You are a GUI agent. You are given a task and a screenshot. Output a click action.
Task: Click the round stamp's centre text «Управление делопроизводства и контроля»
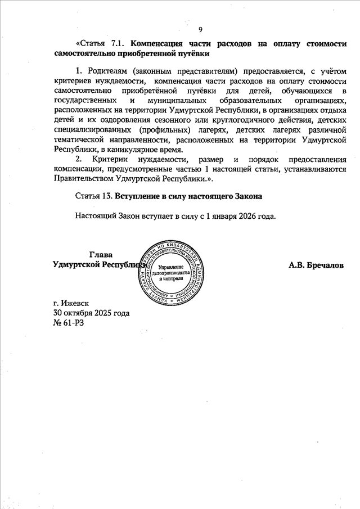point(172,272)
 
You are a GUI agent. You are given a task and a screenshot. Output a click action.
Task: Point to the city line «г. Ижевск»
point(71,303)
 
